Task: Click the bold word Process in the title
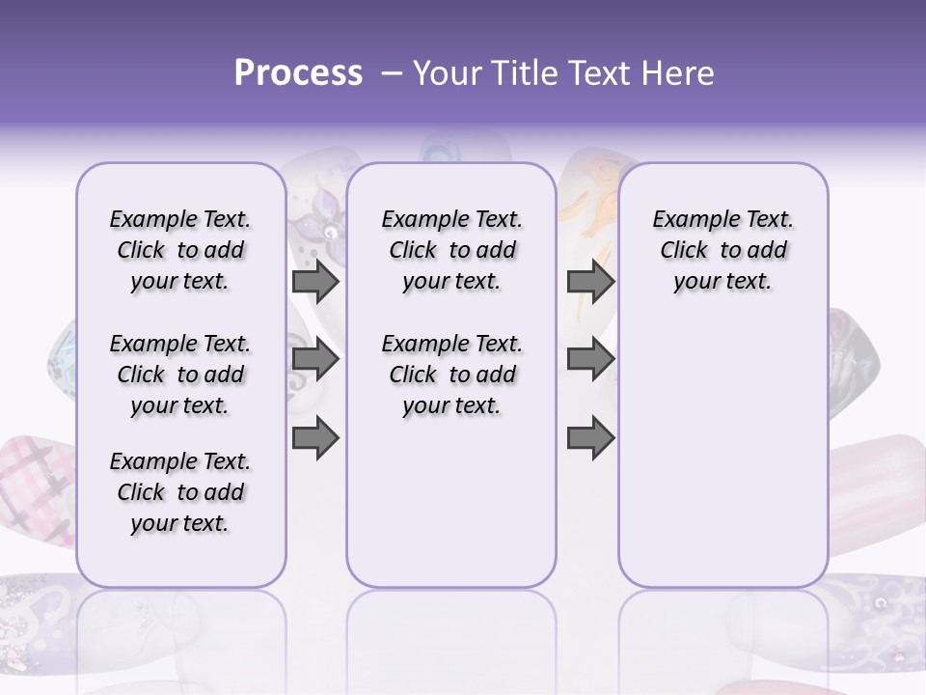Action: click(x=298, y=72)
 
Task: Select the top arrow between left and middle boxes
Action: click(x=315, y=281)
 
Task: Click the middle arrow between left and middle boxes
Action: click(x=315, y=360)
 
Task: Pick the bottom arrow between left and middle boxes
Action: click(x=315, y=439)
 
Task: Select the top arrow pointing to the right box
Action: click(x=590, y=281)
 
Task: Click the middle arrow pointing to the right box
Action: click(x=590, y=360)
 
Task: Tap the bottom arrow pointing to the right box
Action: click(x=590, y=439)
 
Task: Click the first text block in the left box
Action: click(x=180, y=250)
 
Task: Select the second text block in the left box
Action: click(x=180, y=375)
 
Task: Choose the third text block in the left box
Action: click(x=180, y=492)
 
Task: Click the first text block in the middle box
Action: click(x=451, y=250)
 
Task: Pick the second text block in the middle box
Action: click(x=451, y=375)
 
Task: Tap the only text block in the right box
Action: click(x=722, y=250)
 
